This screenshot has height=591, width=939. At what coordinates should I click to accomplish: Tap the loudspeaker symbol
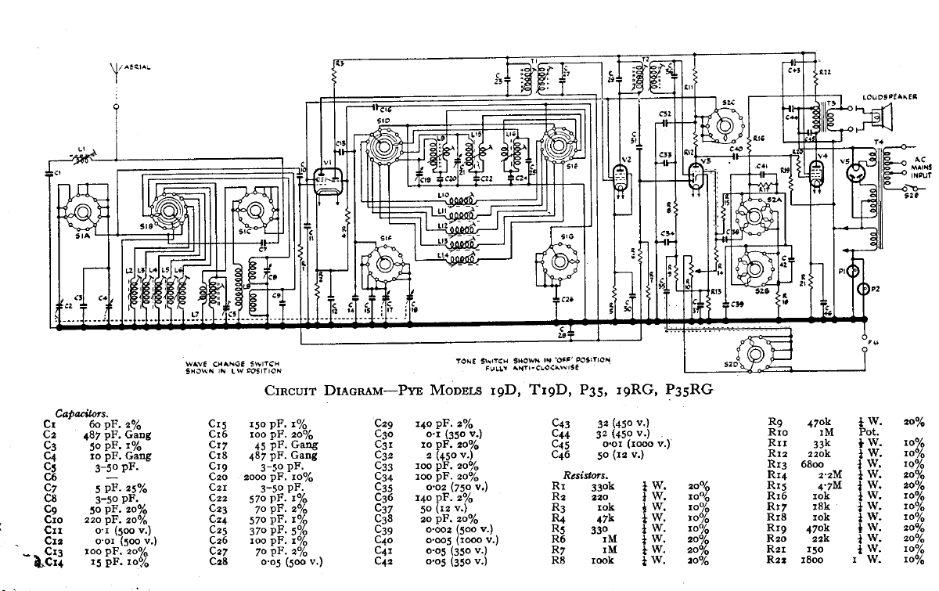(882, 117)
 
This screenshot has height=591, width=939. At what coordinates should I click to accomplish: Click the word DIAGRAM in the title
(350, 393)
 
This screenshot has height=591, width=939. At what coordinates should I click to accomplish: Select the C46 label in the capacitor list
(562, 454)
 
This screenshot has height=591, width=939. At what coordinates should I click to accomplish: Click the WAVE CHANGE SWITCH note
(233, 367)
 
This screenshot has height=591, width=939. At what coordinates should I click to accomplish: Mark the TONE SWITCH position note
(534, 364)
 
